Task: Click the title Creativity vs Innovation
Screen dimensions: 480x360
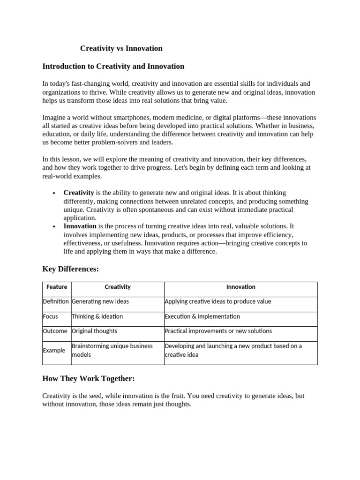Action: click(x=121, y=48)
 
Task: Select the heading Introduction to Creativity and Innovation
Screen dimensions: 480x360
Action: click(x=113, y=67)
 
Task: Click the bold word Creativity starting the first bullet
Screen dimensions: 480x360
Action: click(x=79, y=193)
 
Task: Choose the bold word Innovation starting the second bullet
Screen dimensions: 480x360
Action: click(x=80, y=226)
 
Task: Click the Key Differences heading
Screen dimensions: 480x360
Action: click(x=70, y=269)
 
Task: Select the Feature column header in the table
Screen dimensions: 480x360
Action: click(x=57, y=287)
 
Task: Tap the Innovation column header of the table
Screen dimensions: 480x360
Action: click(x=240, y=287)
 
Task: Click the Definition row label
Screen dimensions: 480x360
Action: click(x=56, y=301)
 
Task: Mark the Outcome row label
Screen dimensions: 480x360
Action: click(x=55, y=331)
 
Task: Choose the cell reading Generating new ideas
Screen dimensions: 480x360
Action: click(x=100, y=301)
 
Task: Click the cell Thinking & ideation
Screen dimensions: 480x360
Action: click(x=97, y=316)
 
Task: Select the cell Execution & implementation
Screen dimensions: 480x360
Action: click(x=202, y=316)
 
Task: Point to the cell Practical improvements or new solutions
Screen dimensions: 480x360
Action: click(x=218, y=331)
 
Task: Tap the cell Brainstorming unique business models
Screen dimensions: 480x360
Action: click(x=112, y=350)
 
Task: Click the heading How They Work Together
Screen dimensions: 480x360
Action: click(x=88, y=378)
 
